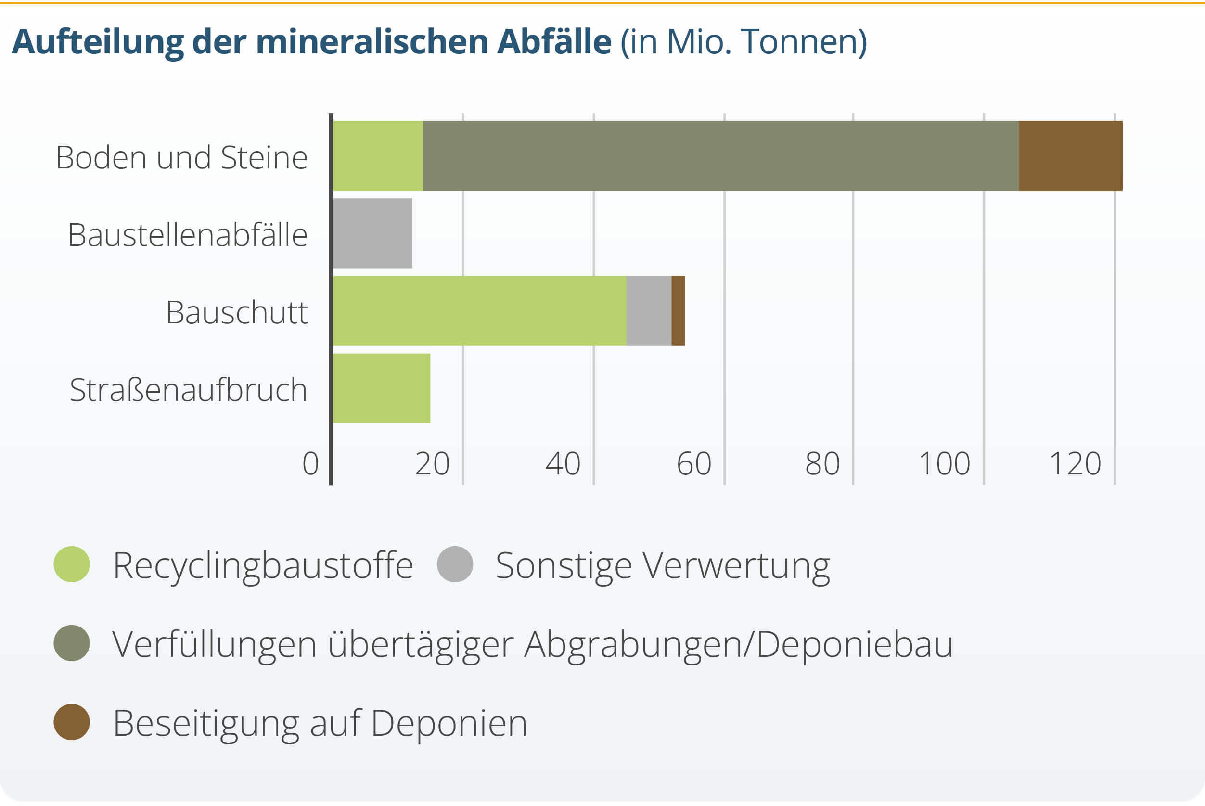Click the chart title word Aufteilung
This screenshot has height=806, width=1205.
click(x=97, y=42)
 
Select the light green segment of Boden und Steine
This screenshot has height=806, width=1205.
click(x=378, y=156)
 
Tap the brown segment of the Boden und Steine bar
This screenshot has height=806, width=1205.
click(x=1070, y=156)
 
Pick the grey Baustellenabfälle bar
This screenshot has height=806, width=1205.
click(x=372, y=233)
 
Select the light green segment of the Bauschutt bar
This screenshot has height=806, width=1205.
click(x=480, y=311)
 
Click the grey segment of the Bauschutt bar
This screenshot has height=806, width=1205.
click(x=649, y=311)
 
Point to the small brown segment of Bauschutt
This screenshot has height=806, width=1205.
click(x=678, y=311)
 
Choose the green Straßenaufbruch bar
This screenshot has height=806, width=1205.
click(x=382, y=389)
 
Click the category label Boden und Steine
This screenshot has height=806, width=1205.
click(x=181, y=157)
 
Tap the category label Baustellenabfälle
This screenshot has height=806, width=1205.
click(x=188, y=235)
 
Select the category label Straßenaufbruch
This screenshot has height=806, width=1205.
click(x=188, y=390)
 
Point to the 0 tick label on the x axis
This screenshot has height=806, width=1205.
click(x=310, y=464)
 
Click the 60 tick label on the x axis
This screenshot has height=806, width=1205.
click(x=693, y=464)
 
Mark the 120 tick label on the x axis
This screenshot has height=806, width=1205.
click(x=1075, y=464)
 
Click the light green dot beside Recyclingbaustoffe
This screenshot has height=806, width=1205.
click(x=72, y=564)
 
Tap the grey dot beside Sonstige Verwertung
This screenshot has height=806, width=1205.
click(x=455, y=564)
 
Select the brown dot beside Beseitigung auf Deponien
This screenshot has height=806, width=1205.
click(x=72, y=722)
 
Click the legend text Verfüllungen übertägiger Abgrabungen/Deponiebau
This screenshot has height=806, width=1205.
click(x=533, y=644)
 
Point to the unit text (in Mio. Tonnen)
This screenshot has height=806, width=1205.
click(x=744, y=42)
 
